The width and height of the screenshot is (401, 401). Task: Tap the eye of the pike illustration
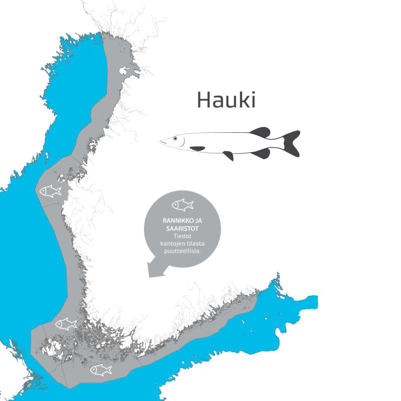point(175,138)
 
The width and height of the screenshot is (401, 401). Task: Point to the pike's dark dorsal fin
point(260,132)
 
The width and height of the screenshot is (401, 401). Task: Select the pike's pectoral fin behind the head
point(197,148)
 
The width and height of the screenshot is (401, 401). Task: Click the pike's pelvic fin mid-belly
point(229,155)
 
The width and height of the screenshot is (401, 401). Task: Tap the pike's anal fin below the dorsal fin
point(261,153)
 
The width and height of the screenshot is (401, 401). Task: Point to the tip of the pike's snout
point(161,142)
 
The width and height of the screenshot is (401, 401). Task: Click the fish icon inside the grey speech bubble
point(182,205)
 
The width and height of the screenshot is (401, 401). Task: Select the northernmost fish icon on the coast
point(50,191)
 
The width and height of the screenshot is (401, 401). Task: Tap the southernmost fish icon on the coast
point(101,370)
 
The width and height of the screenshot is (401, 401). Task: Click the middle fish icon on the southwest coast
point(66,324)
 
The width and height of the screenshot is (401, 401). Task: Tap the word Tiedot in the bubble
point(182,236)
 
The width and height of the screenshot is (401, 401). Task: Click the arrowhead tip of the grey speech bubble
point(149,275)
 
